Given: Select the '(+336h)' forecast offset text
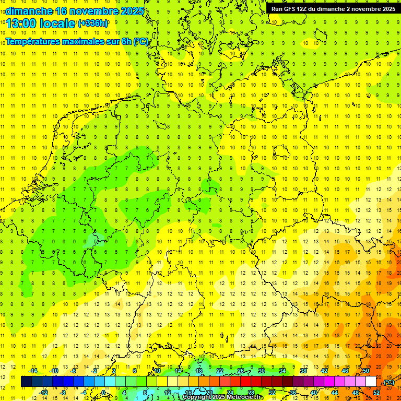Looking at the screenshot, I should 93,23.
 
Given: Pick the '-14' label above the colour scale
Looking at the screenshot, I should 33,371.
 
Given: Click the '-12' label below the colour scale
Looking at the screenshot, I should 43,393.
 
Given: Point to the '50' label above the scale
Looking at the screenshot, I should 365,371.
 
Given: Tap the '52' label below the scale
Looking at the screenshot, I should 376,393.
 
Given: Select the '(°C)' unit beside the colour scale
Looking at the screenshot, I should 388,383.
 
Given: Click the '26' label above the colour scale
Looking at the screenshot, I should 241,371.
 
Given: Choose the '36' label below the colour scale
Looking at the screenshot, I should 293,393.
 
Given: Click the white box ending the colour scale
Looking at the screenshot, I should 371,382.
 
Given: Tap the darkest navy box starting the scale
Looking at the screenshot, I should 26,382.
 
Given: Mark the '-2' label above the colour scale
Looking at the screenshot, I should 95,371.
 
